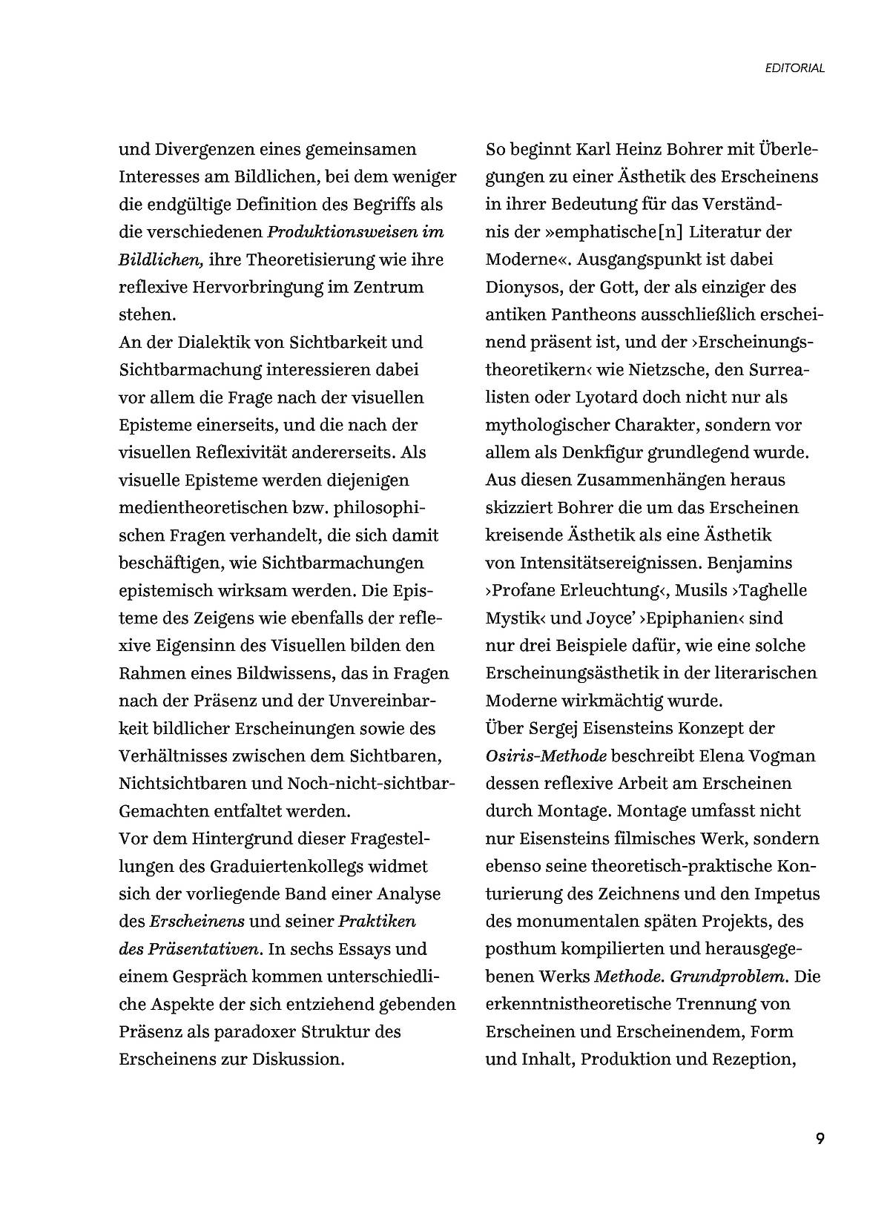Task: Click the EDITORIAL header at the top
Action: coord(794,68)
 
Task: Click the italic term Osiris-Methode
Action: coord(546,756)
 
